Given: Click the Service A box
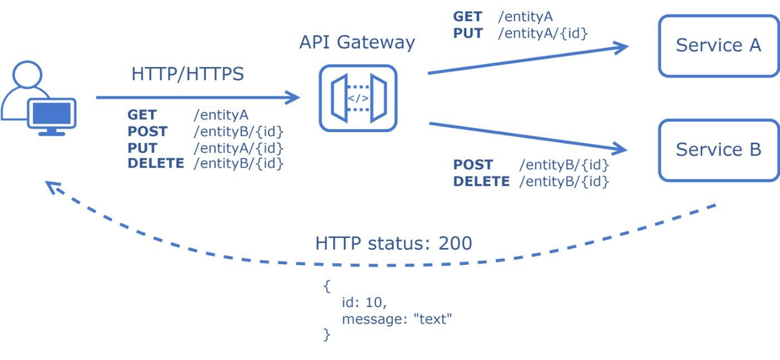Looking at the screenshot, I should [718, 45].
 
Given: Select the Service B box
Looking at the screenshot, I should [718, 149].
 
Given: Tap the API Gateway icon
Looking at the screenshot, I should [358, 99].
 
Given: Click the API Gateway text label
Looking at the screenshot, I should [357, 43].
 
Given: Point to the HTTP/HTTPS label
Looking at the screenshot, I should [188, 74].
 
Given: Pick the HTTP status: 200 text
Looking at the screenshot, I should [393, 244].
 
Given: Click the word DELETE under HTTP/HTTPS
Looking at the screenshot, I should [155, 164].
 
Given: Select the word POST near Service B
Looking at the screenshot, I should [473, 165].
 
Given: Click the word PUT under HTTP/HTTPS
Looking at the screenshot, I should [143, 148].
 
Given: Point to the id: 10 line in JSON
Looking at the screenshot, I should [364, 303].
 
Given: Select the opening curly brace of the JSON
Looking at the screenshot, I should [326, 287].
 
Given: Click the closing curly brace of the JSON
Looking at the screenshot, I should [326, 335].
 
